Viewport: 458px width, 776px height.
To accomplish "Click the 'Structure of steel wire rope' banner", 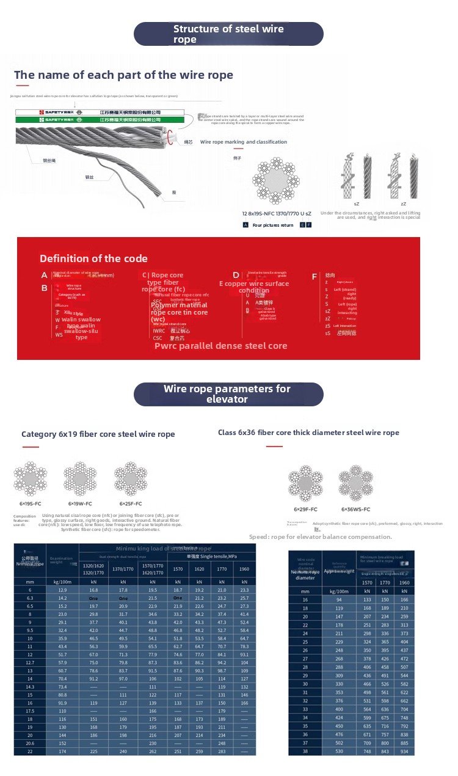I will tap(228, 34).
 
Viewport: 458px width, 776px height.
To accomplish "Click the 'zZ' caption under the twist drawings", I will tap(403, 203).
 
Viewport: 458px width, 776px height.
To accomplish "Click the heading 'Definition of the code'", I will tap(93, 258).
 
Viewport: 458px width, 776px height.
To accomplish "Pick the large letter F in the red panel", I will tap(314, 277).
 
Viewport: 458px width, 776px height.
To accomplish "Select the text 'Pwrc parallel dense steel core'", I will tap(220, 346).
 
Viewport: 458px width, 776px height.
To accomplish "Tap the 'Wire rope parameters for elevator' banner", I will tap(228, 394).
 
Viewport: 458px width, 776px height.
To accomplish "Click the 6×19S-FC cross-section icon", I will tap(31, 478).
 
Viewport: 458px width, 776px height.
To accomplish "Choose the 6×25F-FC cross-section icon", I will tap(130, 478).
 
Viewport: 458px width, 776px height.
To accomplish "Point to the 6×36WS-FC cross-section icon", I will tap(355, 483).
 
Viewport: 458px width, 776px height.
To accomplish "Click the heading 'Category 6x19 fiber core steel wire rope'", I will tap(98, 434).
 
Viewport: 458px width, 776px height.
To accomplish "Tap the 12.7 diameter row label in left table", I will tap(29, 662).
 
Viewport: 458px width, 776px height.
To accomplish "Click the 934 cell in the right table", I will tap(403, 751).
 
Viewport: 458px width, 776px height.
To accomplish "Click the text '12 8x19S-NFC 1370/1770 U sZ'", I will tap(277, 213).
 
